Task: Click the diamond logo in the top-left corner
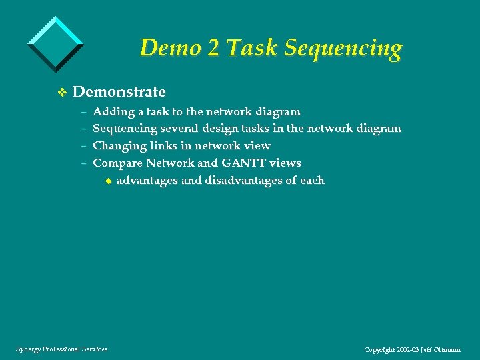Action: pyautogui.click(x=55, y=43)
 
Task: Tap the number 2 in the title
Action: pyautogui.click(x=213, y=48)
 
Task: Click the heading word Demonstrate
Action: pyautogui.click(x=119, y=91)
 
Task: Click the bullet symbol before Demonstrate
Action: pyautogui.click(x=62, y=92)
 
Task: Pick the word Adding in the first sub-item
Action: pyautogui.click(x=113, y=112)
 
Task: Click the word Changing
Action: pyautogui.click(x=119, y=146)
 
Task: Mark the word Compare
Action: pyautogui.click(x=117, y=163)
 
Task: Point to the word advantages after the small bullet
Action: pyautogui.click(x=147, y=181)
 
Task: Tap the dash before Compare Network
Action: pyautogui.click(x=85, y=163)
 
